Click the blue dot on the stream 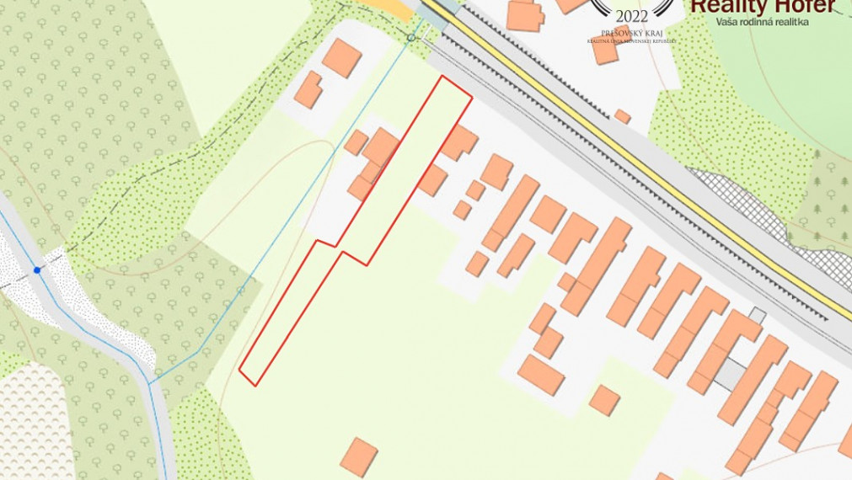(37, 270)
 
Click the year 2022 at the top (632, 16)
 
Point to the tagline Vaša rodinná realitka (762, 22)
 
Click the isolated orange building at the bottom (360, 456)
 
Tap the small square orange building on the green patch (604, 400)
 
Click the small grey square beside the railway (757, 316)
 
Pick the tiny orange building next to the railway (622, 116)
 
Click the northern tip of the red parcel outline (443, 76)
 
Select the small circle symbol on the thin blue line (411, 38)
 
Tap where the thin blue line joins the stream (151, 384)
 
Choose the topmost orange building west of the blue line (341, 57)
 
